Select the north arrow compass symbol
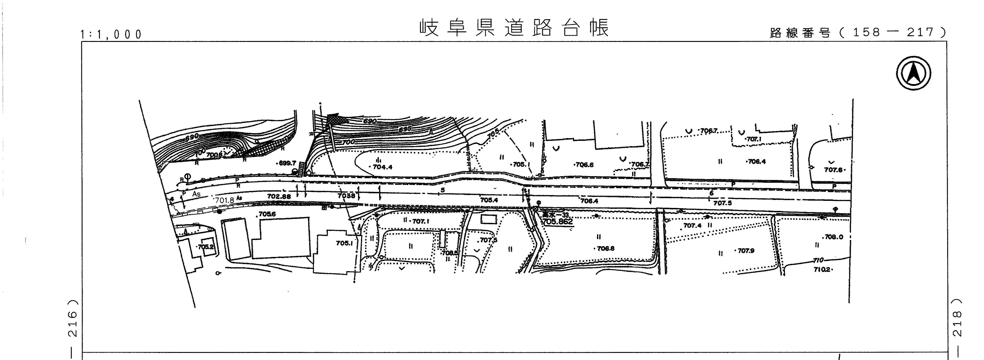click(913, 73)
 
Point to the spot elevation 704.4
click(382, 167)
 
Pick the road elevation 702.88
click(279, 196)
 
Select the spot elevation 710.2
click(822, 269)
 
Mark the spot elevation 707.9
click(746, 251)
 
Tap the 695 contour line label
click(405, 129)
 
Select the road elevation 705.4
click(489, 200)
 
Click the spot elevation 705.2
click(206, 247)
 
